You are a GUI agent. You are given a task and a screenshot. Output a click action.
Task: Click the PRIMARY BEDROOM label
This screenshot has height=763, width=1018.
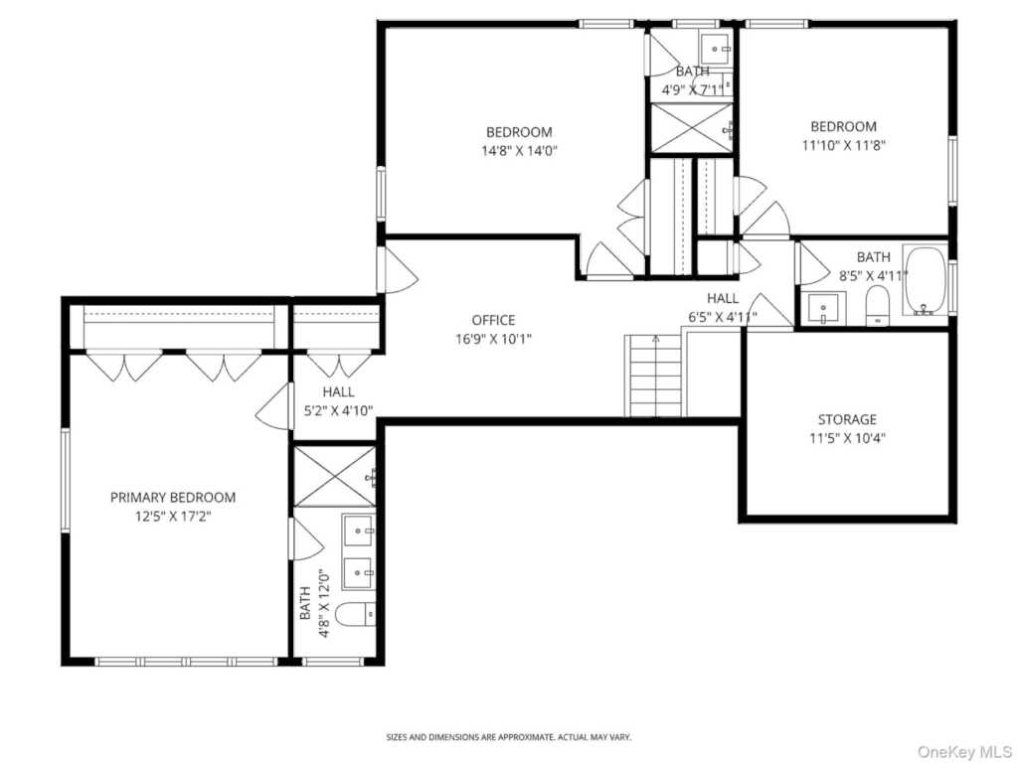(173, 498)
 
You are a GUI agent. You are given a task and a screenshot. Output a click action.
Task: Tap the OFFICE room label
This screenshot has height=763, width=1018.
(493, 320)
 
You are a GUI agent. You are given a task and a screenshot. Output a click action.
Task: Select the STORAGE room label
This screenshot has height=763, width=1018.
(847, 419)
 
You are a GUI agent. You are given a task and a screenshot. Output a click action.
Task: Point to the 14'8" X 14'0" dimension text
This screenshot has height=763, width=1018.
(519, 151)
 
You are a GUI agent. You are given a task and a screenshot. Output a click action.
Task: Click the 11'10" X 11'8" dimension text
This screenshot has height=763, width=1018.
(844, 145)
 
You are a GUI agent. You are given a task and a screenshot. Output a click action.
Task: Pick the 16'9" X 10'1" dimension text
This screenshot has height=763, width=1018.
(493, 339)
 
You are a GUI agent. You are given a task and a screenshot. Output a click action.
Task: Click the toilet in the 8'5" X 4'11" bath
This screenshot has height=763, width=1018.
(878, 306)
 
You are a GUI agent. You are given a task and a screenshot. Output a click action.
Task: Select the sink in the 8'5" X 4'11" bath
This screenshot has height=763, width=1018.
(823, 308)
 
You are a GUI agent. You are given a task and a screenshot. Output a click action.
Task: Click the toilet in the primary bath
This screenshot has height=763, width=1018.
(357, 614)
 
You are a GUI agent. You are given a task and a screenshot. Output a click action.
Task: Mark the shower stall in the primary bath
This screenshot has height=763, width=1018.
(334, 477)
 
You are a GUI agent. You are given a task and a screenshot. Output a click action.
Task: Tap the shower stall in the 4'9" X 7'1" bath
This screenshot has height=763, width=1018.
(692, 128)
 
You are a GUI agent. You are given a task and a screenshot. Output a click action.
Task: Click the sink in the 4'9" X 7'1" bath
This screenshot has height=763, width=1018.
(716, 47)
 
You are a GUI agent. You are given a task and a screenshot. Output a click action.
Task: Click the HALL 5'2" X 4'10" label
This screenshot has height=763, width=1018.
(339, 401)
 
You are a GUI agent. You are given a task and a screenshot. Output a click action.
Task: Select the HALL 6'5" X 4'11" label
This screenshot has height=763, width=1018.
(723, 308)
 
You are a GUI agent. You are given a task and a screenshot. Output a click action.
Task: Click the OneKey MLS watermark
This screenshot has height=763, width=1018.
(964, 752)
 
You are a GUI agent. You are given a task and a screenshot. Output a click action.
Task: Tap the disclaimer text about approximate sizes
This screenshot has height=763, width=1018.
(509, 737)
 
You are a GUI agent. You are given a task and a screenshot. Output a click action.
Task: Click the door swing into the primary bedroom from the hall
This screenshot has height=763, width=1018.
(274, 406)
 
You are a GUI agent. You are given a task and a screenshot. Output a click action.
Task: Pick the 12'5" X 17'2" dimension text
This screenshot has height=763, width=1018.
(173, 517)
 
